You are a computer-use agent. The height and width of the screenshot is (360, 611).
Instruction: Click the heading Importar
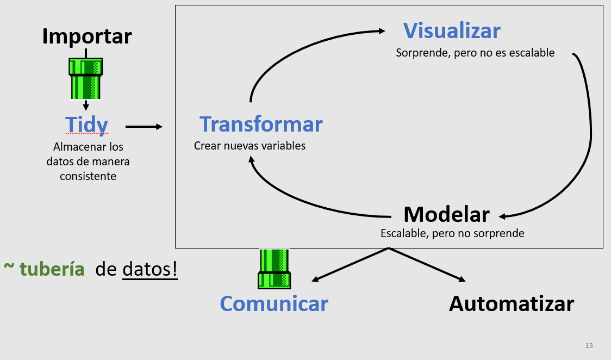[x=87, y=36]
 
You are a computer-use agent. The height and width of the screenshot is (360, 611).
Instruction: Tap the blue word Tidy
[x=86, y=125]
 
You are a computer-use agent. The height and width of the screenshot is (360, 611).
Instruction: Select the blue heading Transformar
[x=261, y=125]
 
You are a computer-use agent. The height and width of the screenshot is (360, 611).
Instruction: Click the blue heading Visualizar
[x=451, y=30]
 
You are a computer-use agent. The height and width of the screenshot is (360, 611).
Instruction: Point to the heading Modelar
[x=446, y=214]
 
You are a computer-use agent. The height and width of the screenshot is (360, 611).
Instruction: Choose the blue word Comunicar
[x=274, y=303]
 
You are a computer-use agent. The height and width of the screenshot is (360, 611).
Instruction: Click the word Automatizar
[x=511, y=303]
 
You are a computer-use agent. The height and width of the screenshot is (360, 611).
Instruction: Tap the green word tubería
[x=52, y=269]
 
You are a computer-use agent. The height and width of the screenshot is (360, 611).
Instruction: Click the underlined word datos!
[x=150, y=269]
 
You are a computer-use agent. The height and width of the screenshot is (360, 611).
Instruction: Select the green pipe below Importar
[x=85, y=79]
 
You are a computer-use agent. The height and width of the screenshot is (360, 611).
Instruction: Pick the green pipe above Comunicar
[x=274, y=269]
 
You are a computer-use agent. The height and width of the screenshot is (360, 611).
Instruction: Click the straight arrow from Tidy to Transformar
[x=144, y=127]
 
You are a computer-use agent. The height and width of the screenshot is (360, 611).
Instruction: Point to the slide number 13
[x=589, y=346]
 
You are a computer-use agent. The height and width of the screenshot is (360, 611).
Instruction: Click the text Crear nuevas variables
[x=250, y=146]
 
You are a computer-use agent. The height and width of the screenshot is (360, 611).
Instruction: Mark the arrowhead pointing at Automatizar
[x=462, y=280]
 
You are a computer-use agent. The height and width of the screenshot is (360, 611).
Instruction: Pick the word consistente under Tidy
[x=88, y=176]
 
